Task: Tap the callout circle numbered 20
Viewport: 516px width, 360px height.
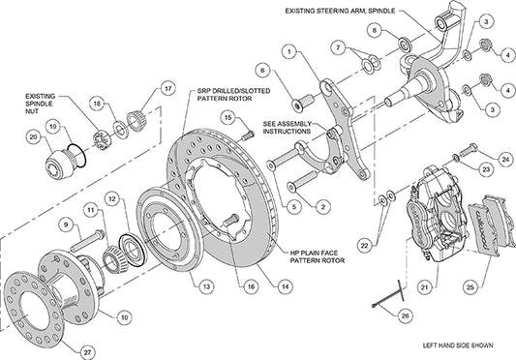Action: (x=35, y=138)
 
